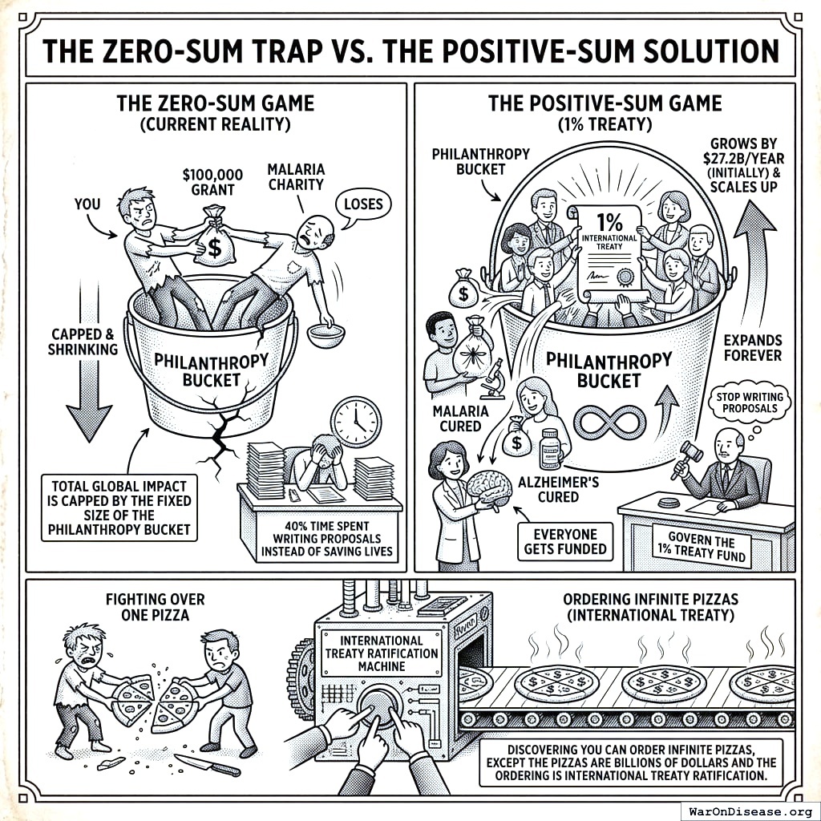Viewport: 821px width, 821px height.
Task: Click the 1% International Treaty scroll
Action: [607, 249]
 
